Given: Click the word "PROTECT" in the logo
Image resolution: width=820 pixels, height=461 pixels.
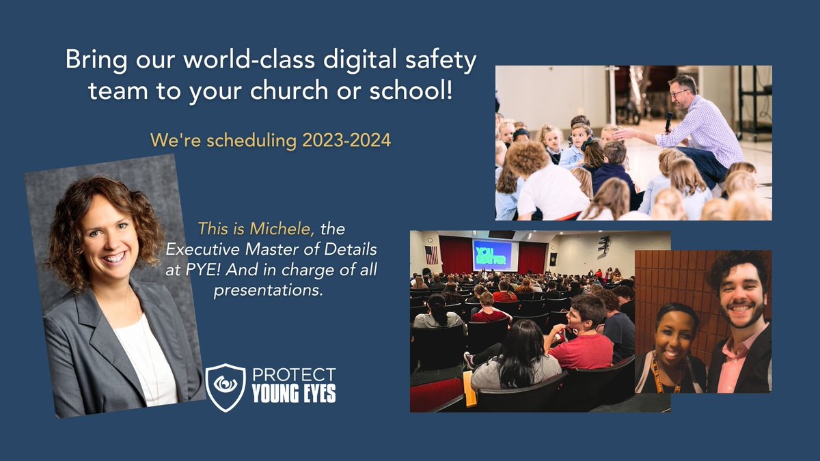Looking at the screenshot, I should (x=295, y=375).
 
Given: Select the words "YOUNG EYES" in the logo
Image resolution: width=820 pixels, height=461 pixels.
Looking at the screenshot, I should (x=294, y=395).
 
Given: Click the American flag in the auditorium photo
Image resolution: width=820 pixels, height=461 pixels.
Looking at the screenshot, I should (x=430, y=255).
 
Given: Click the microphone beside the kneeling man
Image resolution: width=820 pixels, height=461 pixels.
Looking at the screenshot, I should (x=668, y=123).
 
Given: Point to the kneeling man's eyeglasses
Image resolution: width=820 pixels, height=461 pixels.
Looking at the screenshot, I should (x=679, y=92).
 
